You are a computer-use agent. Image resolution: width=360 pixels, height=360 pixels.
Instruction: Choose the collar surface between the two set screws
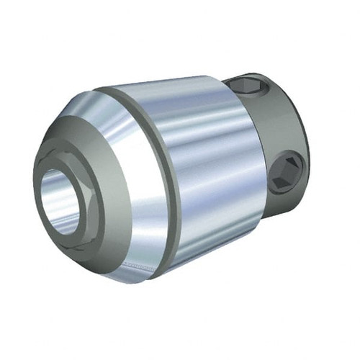(x=270, y=130)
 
